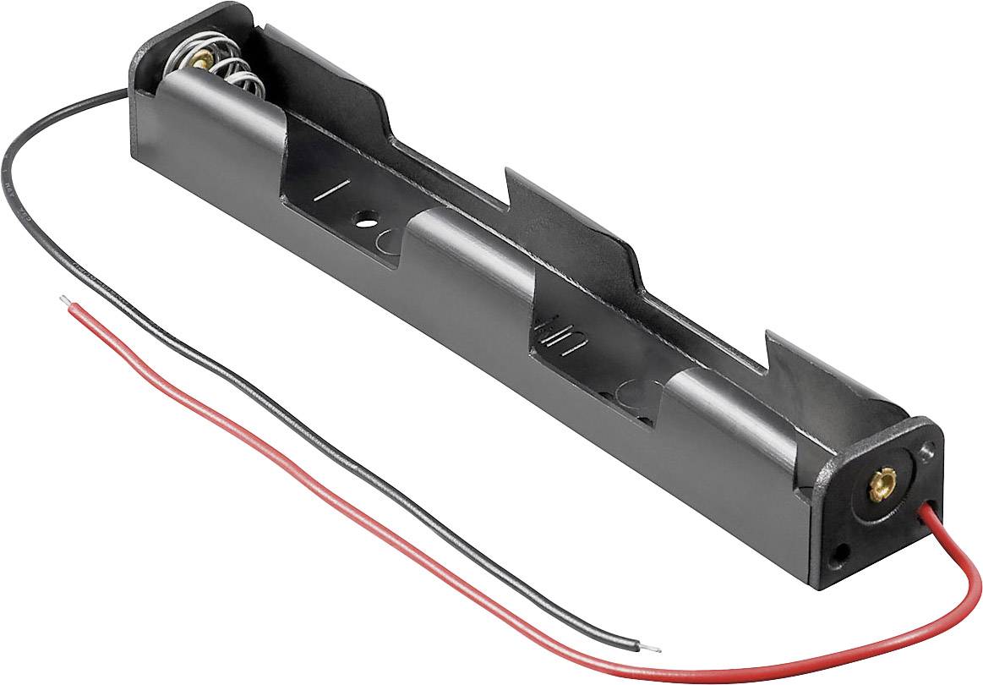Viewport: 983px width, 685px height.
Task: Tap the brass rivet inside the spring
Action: coord(204,58)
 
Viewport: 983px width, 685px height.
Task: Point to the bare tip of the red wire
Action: coord(63,299)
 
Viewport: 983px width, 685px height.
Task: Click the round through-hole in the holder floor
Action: coord(366,218)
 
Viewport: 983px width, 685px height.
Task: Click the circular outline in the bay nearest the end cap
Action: coord(638,396)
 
